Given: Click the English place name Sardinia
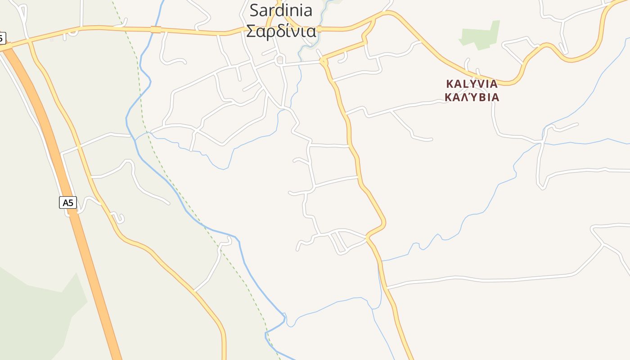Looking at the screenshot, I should [281, 10].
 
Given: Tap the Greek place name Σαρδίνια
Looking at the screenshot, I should [281, 31].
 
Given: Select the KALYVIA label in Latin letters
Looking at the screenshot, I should [472, 84].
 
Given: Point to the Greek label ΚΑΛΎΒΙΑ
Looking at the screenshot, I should [472, 97].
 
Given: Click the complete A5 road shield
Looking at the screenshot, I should [68, 202].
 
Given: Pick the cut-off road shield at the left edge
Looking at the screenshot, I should [2, 38].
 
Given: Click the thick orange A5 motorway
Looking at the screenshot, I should [90, 261].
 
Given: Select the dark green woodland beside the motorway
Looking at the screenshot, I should [36, 315].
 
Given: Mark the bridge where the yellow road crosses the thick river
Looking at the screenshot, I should [156, 30].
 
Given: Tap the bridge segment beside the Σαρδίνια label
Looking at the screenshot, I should [319, 30].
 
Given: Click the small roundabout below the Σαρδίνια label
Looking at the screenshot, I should [280, 59].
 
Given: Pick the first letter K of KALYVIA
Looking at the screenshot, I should [449, 84].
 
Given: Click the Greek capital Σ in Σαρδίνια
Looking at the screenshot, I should [251, 31].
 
